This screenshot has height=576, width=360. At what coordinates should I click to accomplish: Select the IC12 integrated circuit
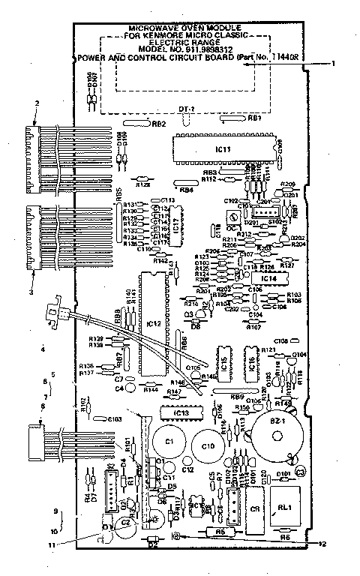[153, 323]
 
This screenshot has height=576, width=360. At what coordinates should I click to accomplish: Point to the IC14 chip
[270, 278]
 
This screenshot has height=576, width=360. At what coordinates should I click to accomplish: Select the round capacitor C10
[207, 445]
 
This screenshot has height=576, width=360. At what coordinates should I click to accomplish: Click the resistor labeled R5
[220, 532]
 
